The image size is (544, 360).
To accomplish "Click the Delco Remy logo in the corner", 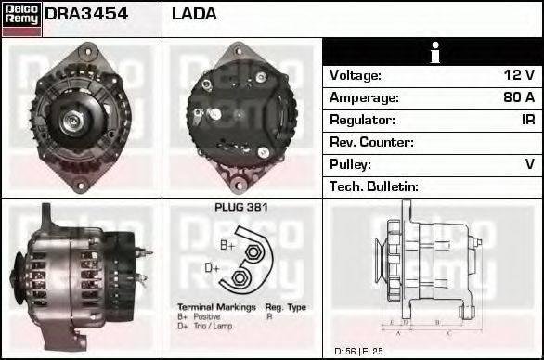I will [21, 19].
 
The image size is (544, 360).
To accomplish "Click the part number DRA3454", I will [86, 14].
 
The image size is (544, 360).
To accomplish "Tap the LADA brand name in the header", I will [195, 14].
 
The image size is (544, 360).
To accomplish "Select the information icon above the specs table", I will [433, 52].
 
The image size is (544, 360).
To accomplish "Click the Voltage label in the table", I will [356, 75].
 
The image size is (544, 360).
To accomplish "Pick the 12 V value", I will [520, 75].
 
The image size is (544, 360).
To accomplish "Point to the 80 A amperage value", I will [518, 97].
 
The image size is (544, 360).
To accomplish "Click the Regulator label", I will [362, 120].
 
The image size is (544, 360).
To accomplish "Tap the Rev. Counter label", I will [371, 142].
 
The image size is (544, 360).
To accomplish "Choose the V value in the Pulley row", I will [529, 164].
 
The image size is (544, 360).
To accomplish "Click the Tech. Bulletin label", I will [374, 186].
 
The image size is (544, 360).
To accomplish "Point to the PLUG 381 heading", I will [240, 207].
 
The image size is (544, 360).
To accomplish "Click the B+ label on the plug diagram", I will [227, 245].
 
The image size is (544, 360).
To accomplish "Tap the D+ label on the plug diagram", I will [213, 269].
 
